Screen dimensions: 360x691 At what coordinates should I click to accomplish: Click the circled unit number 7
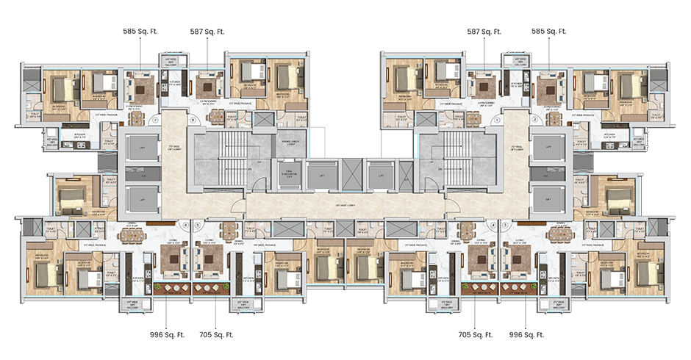pos(155,119)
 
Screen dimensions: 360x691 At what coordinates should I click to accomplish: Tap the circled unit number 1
pos(497,119)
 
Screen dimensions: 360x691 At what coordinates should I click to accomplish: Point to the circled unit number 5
pos(197,226)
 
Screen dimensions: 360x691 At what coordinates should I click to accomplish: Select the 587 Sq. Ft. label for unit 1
pos(484,32)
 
